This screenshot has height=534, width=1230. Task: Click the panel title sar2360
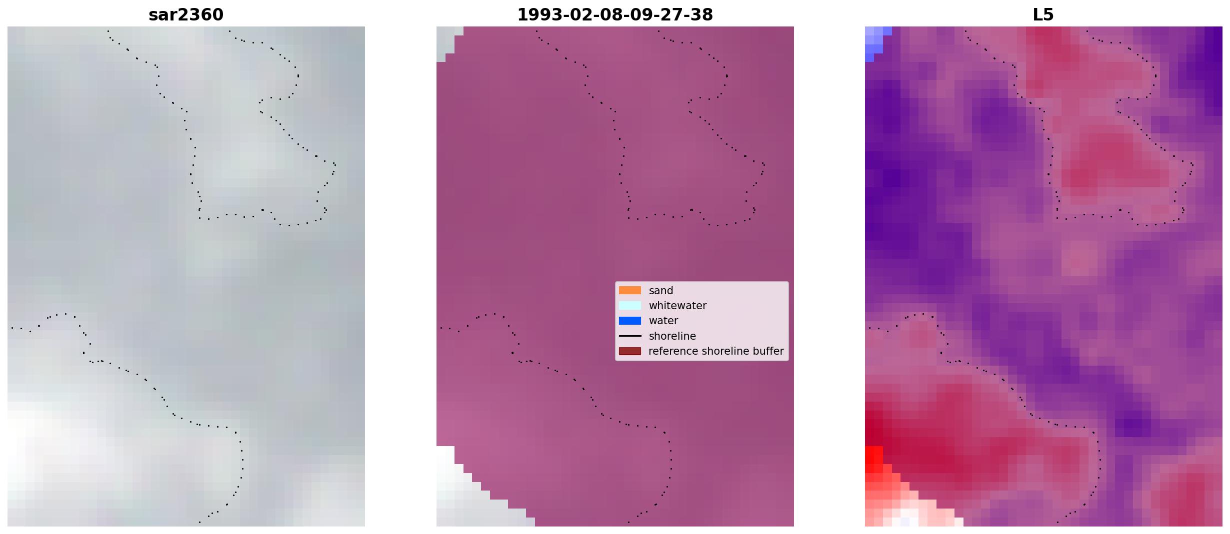pyautogui.click(x=186, y=15)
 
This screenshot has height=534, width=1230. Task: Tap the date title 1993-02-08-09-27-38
pyautogui.click(x=615, y=15)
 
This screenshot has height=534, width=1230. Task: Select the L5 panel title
pyautogui.click(x=1043, y=15)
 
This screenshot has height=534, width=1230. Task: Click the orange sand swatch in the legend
pyautogui.click(x=630, y=290)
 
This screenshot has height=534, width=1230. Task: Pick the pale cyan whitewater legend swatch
pyautogui.click(x=630, y=305)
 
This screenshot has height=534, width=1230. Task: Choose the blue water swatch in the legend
pyautogui.click(x=630, y=321)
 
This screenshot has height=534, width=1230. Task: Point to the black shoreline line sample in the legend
pyautogui.click(x=630, y=336)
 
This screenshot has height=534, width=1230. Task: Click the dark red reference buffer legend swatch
pyautogui.click(x=630, y=351)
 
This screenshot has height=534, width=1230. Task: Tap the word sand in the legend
pyautogui.click(x=661, y=291)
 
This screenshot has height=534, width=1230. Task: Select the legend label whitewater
pyautogui.click(x=677, y=306)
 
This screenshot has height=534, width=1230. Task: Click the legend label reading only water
pyautogui.click(x=663, y=321)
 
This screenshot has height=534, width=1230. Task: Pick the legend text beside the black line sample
pyautogui.click(x=672, y=336)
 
